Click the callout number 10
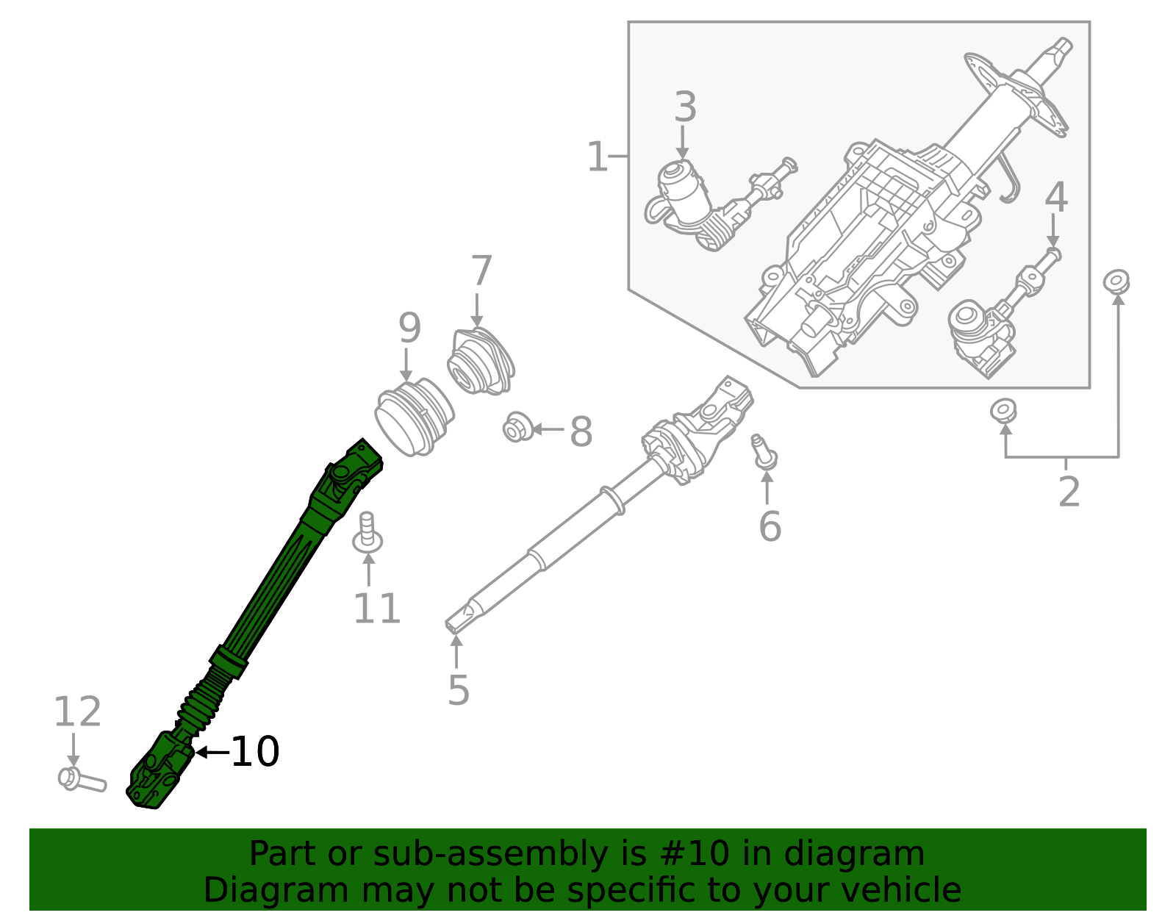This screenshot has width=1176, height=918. (255, 752)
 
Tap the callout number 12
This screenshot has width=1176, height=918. (77, 712)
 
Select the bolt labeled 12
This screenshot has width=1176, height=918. (81, 780)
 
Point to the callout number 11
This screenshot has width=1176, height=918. (376, 609)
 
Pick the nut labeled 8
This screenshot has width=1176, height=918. (518, 428)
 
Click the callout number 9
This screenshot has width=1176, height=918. (409, 328)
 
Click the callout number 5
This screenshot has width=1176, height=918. (458, 690)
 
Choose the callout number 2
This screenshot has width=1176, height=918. (1069, 492)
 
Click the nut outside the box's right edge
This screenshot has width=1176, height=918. (1116, 281)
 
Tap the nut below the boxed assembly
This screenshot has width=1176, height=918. (1003, 409)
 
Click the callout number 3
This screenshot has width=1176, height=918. (685, 107)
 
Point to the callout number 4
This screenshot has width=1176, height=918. (1056, 197)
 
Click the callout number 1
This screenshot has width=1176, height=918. (597, 157)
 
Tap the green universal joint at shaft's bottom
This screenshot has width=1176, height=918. (159, 772)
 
